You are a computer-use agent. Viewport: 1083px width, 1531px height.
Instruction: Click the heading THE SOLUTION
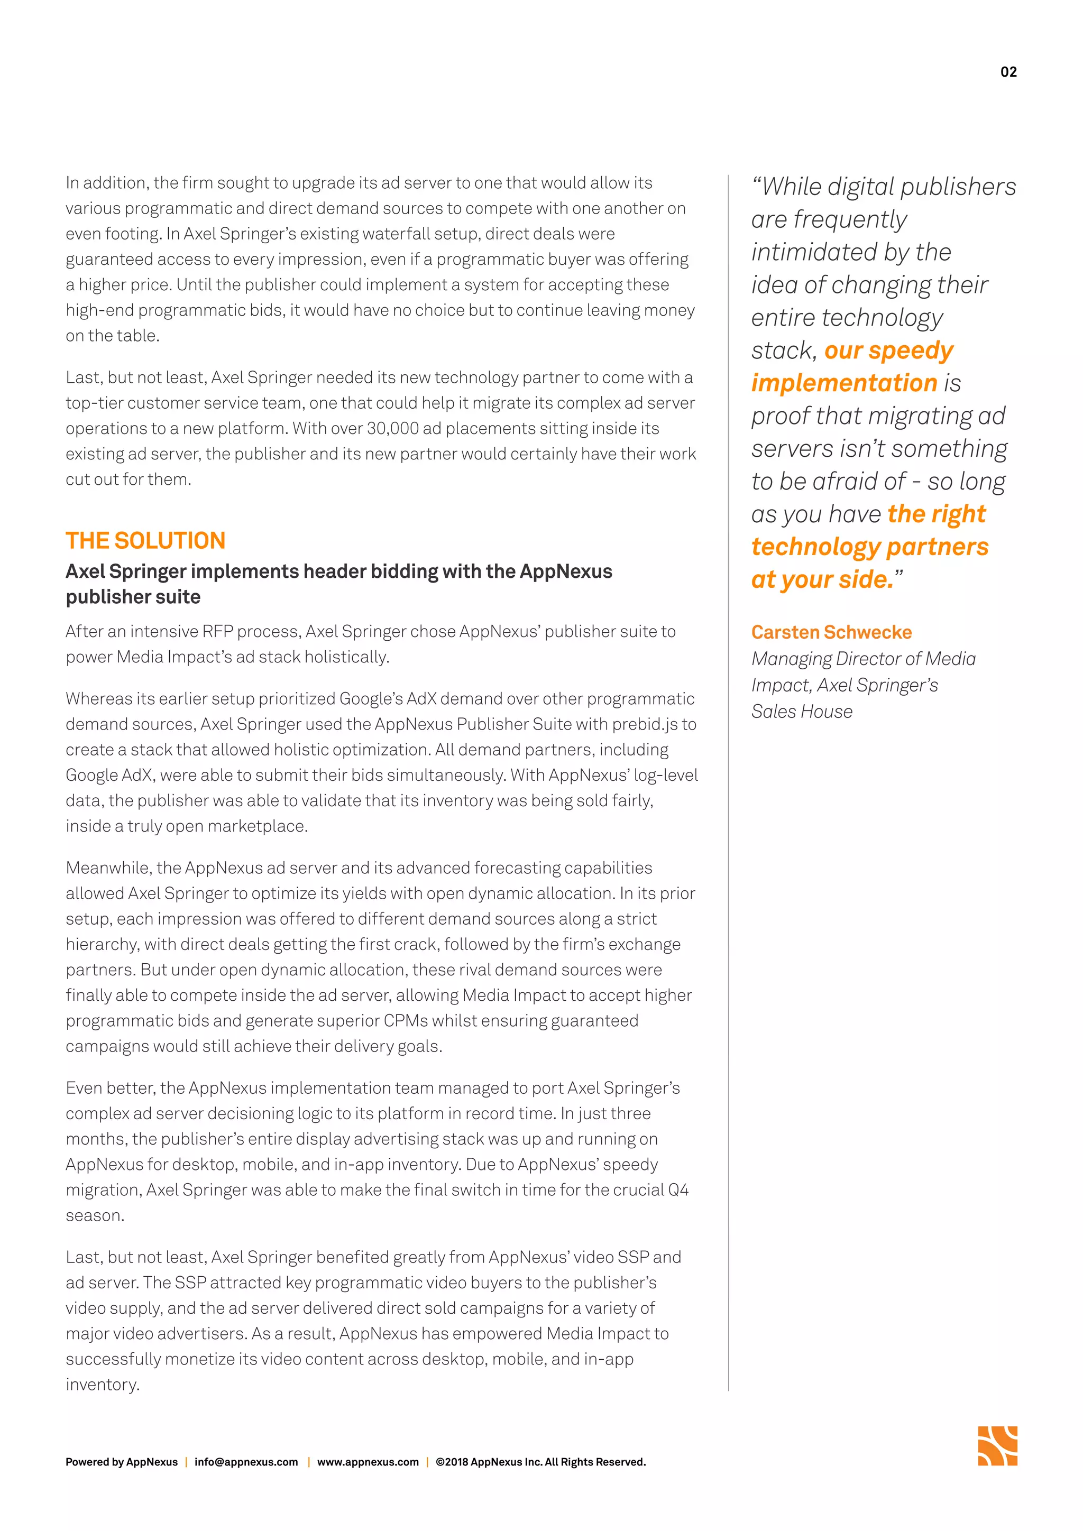coord(145,540)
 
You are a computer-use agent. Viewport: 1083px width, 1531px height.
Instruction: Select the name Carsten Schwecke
coord(831,632)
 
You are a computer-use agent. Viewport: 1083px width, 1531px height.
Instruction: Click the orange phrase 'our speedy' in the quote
coord(888,351)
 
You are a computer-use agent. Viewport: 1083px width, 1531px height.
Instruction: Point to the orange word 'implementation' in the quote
coord(845,383)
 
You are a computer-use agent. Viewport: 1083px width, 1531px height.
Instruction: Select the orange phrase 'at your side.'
coord(822,579)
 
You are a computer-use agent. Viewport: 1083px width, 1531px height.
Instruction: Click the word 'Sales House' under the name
coord(802,712)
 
